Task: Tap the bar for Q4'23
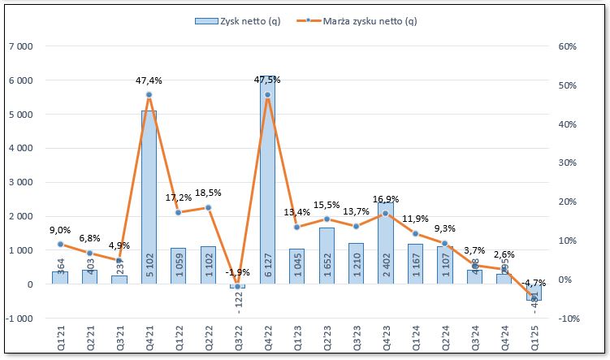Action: (x=386, y=244)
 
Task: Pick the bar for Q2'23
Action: (x=327, y=256)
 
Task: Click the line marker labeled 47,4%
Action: (x=149, y=95)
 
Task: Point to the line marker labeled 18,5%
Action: (x=208, y=207)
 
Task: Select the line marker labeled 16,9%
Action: (x=386, y=214)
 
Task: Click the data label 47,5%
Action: (x=267, y=80)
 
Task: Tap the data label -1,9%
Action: (x=237, y=272)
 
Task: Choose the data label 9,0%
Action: (x=60, y=230)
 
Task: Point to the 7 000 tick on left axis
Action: (x=19, y=46)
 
